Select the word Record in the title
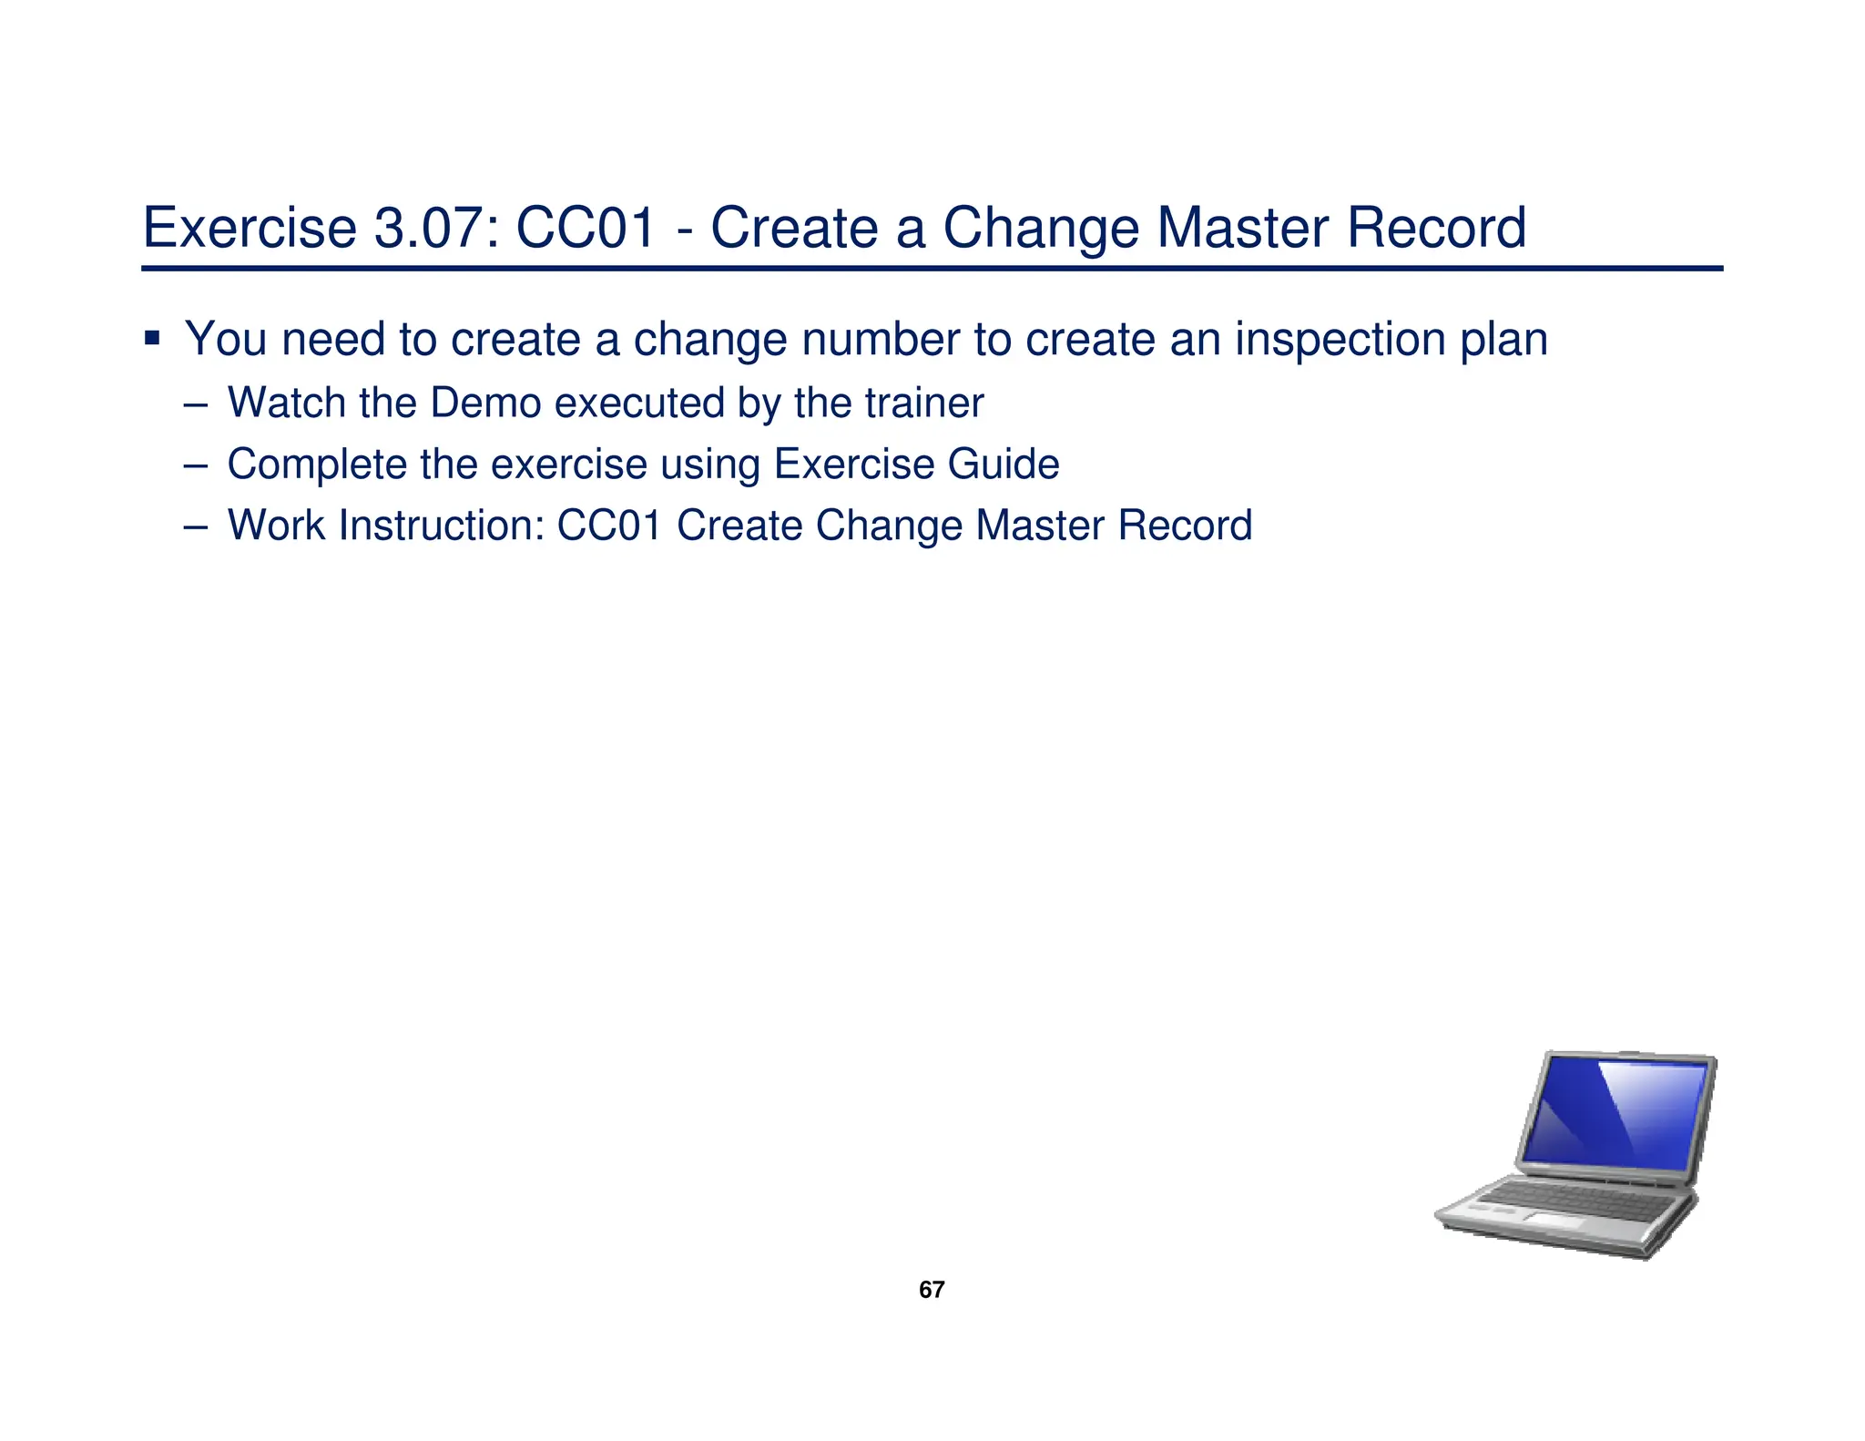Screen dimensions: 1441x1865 point(1436,228)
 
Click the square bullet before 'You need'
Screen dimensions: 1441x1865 point(152,339)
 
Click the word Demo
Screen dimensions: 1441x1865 point(486,403)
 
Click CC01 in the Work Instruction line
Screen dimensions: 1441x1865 point(609,526)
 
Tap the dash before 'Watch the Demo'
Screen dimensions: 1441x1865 point(194,404)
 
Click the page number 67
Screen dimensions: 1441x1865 point(932,1290)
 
